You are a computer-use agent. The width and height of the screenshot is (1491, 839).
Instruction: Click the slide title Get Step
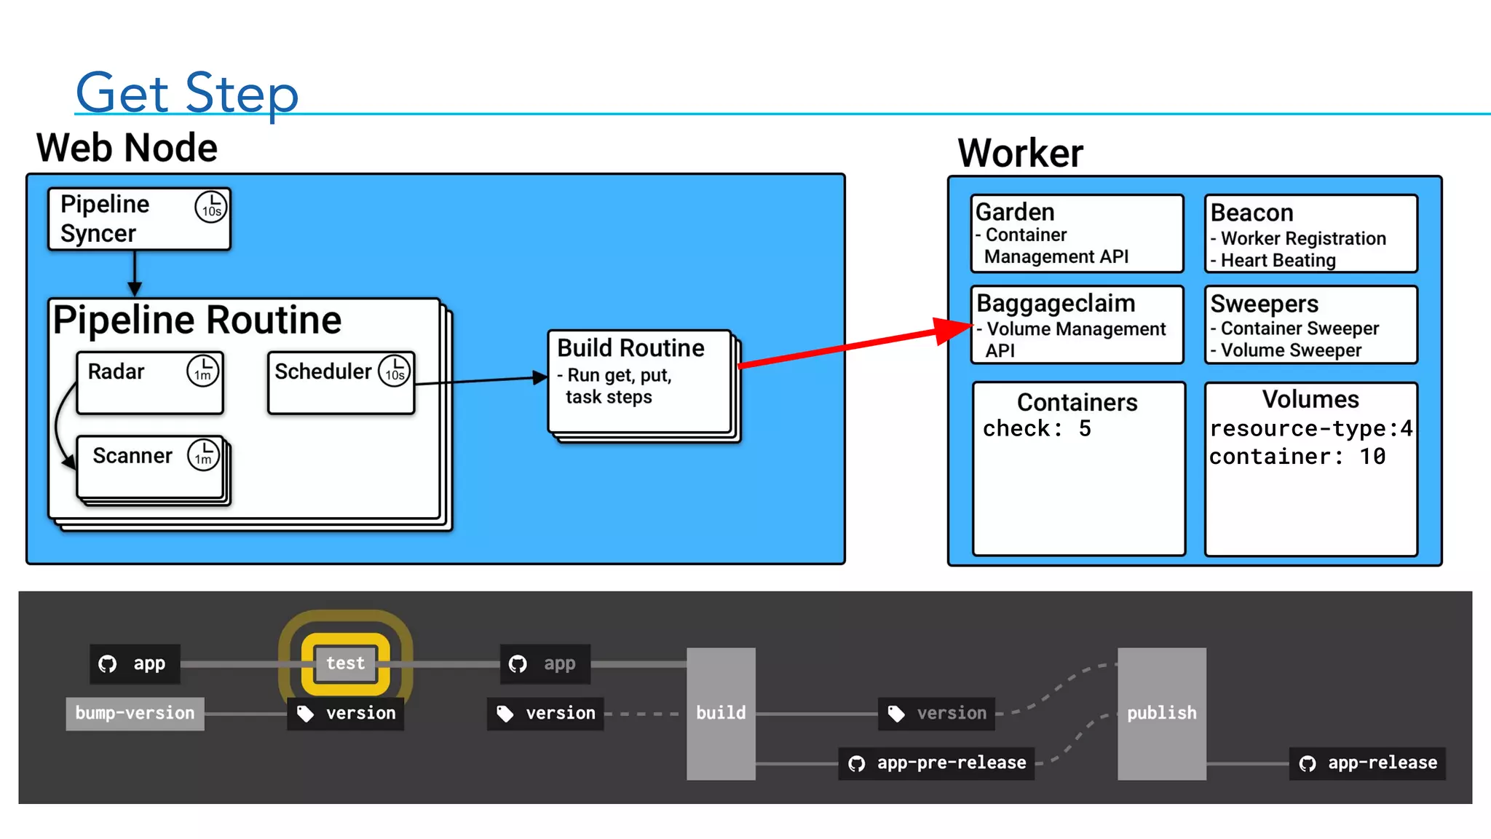click(x=187, y=92)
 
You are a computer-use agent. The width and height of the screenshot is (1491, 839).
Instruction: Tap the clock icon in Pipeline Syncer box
click(x=211, y=207)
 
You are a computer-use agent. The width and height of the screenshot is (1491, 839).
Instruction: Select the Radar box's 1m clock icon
click(x=203, y=371)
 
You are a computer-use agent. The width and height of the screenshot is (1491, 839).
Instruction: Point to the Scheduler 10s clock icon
click(x=395, y=371)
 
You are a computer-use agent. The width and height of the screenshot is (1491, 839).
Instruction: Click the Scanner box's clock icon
click(x=204, y=455)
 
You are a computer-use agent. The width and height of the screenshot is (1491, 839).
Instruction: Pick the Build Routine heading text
click(x=630, y=348)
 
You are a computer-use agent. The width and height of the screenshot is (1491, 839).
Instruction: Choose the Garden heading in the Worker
click(x=1015, y=212)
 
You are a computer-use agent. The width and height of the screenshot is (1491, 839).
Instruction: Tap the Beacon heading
click(x=1251, y=213)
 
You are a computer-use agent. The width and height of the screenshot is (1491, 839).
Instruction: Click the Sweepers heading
click(x=1264, y=304)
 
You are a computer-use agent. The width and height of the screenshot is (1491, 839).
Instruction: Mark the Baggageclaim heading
click(x=1056, y=303)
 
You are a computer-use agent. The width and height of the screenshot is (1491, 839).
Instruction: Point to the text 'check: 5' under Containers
click(x=1037, y=429)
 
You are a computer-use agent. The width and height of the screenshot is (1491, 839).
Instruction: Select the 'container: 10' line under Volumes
click(x=1297, y=457)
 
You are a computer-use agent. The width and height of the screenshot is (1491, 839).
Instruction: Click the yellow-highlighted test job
click(x=345, y=663)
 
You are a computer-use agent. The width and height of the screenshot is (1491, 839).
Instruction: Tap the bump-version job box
click(x=135, y=713)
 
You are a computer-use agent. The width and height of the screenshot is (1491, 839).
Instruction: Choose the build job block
click(x=721, y=713)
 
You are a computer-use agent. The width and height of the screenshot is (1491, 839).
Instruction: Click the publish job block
click(x=1161, y=713)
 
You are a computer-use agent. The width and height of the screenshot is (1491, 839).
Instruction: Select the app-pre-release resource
click(x=937, y=763)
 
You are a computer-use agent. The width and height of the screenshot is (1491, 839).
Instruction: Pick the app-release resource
click(x=1368, y=763)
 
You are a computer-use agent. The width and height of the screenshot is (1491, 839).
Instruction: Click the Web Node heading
click(x=127, y=148)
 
